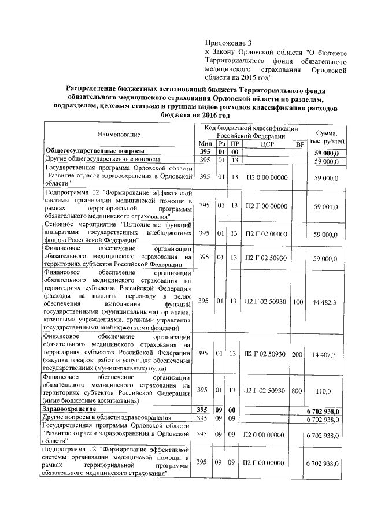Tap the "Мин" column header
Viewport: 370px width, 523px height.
pos(205,143)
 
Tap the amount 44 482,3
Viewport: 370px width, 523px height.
pos(328,302)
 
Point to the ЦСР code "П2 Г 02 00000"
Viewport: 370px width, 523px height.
pos(266,234)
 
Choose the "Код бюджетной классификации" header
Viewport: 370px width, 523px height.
pos(250,128)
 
